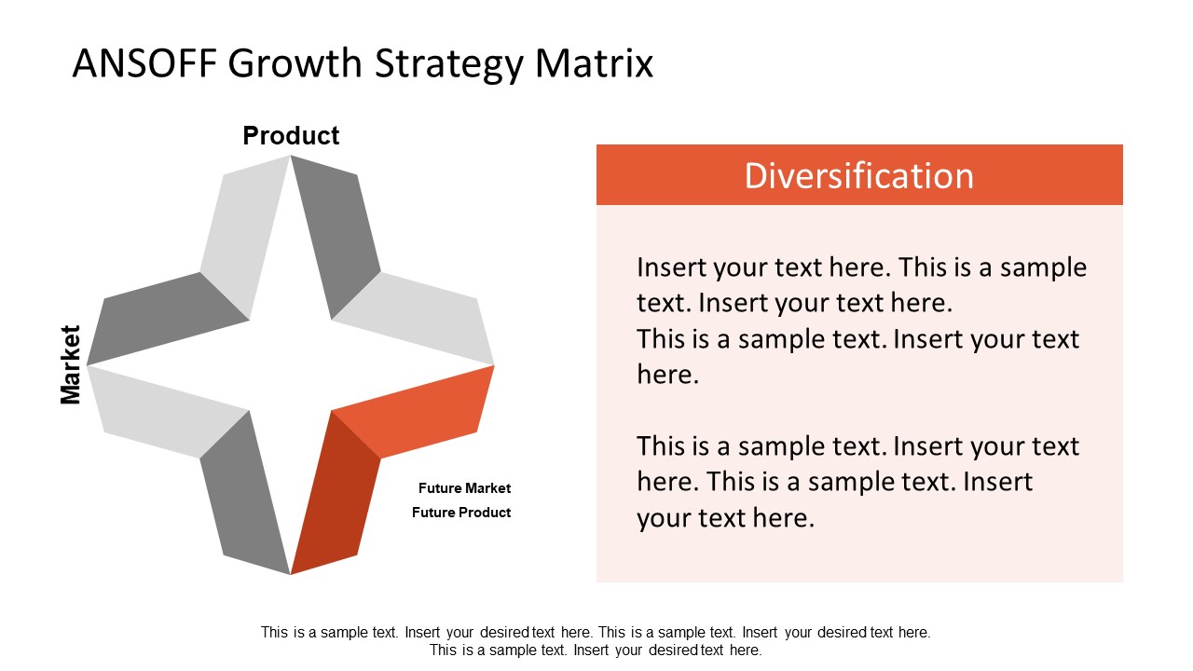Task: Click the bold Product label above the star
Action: (291, 136)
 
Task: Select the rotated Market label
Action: (71, 364)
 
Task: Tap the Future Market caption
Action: (464, 488)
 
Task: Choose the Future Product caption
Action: (461, 513)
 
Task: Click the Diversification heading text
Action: (858, 176)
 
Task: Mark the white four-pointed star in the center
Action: (290, 364)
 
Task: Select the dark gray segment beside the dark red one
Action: (244, 494)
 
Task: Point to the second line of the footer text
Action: (596, 650)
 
